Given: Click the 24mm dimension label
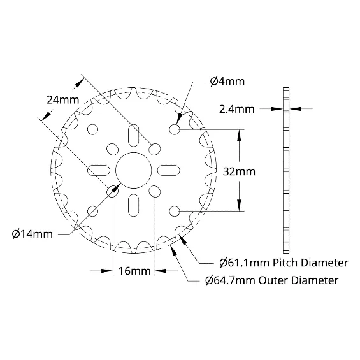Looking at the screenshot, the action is coord(63,100).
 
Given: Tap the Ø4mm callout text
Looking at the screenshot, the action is coord(227,82).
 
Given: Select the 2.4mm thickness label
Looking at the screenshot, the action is coord(237,110).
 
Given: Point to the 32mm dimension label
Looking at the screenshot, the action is coord(239,171).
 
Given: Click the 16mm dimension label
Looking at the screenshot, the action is coord(134,271).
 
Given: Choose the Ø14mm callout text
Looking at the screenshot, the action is coord(32,234).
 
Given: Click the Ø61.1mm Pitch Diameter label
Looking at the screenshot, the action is coord(284,263).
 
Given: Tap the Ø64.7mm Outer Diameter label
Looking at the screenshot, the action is coord(272,280).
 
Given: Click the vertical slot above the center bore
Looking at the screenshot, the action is coord(133,136).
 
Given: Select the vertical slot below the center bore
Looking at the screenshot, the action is coord(133,205).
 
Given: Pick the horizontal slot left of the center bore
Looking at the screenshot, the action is coord(99,170).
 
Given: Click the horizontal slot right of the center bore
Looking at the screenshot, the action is coord(168,170).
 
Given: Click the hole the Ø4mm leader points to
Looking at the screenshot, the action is coord(175,129).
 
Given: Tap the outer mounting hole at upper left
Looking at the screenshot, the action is coord(93,129).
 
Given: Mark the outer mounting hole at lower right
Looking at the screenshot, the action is coord(175,211).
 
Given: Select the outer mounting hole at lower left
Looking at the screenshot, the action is coord(93,211).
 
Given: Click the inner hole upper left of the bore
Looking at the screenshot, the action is coord(113,149).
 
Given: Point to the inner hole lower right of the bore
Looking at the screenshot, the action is coord(154,191).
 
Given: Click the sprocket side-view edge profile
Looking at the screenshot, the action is coord(286,170).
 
